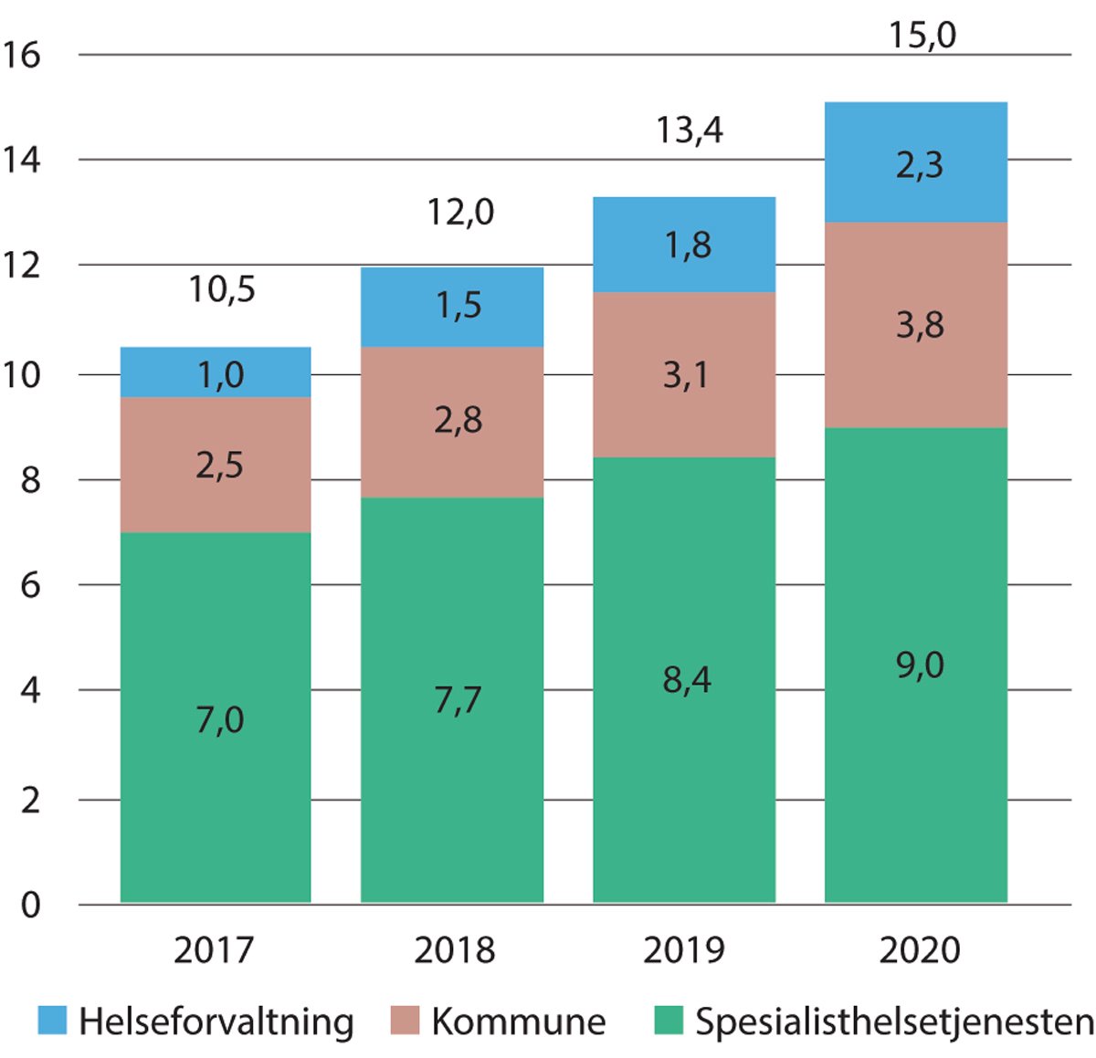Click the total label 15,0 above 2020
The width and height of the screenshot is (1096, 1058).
(922, 36)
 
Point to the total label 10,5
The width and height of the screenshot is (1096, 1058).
(222, 290)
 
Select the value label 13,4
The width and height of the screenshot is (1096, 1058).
(690, 131)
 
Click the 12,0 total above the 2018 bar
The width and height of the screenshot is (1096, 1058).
(460, 213)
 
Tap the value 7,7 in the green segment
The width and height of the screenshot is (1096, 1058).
(458, 700)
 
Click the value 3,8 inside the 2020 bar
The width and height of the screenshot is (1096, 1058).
(919, 325)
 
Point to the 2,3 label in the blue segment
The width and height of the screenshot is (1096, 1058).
(919, 165)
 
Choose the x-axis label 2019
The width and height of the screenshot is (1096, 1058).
(683, 950)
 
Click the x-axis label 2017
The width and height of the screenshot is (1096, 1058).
(214, 950)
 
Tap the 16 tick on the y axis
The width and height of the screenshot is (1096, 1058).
(22, 56)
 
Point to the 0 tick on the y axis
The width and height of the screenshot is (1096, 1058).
(31, 906)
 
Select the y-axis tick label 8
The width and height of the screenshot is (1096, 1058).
(31, 480)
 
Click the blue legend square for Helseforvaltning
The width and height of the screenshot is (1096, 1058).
(52, 1021)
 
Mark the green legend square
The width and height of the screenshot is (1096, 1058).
(669, 1021)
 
